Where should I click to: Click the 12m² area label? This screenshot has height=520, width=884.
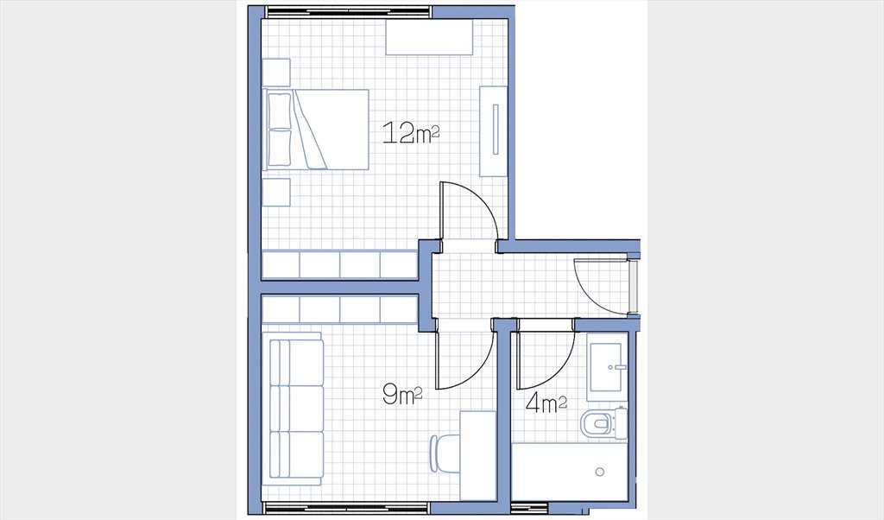point(410,133)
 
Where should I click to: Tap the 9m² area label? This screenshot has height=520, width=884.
point(402,394)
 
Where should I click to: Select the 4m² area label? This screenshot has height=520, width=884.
point(546,403)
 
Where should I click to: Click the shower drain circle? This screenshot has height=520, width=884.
point(600,472)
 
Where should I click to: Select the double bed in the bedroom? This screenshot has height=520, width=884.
point(316,130)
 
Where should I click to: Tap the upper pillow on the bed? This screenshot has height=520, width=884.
point(280,111)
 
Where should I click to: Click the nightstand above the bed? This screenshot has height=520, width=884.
point(276,73)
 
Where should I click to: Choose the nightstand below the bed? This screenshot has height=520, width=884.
point(276,193)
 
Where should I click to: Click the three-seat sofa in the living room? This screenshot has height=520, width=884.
point(294,409)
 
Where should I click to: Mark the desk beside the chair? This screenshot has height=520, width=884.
point(478,455)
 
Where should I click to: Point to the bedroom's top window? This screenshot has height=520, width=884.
point(349,12)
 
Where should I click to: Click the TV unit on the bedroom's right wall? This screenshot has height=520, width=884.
point(493,130)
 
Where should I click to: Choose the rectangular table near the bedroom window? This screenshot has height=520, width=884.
point(429,37)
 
